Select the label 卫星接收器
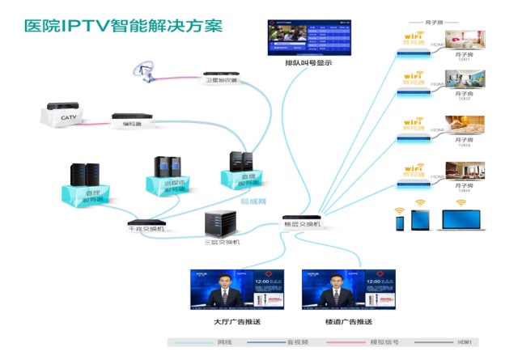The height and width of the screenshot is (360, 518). coord(220,81)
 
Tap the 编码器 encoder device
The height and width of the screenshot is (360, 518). coord(132,118)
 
